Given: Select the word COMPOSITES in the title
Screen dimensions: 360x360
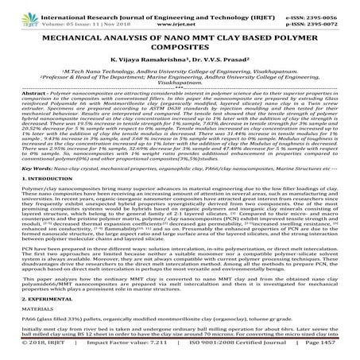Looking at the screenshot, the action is [x=180, y=47].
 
